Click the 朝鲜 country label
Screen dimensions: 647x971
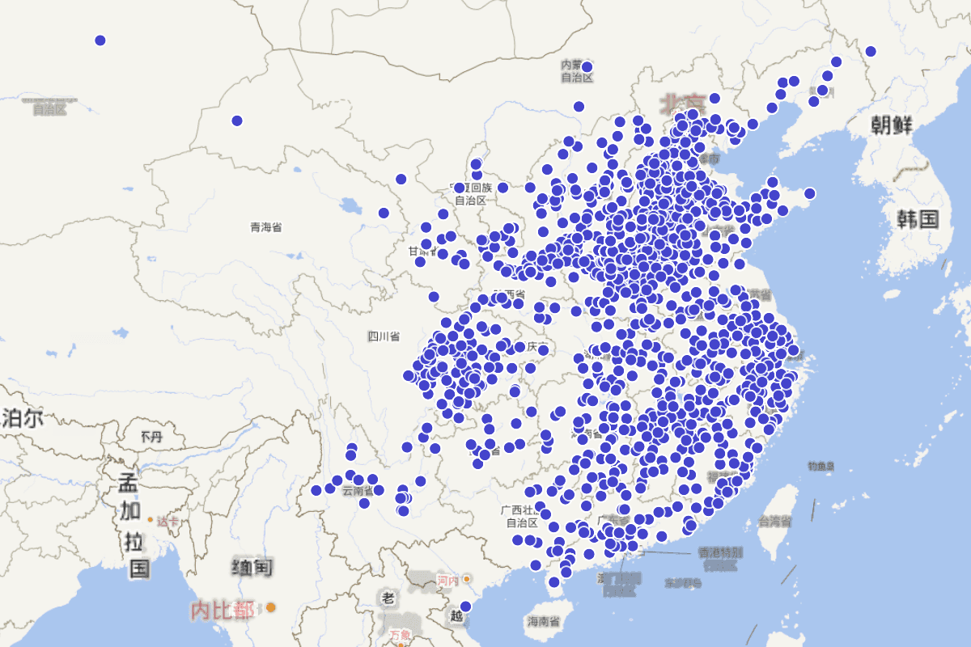tap(892, 125)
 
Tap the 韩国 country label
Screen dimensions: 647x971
tap(917, 218)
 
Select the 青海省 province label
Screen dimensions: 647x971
tap(266, 228)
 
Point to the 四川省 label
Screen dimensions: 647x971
tap(384, 336)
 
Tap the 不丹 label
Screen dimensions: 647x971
tap(151, 437)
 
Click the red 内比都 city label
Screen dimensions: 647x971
tap(222, 609)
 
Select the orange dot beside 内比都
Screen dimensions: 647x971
tap(271, 607)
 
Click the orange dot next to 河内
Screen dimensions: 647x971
tap(467, 580)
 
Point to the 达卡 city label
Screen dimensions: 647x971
tap(167, 522)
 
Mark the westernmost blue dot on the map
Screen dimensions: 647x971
tap(100, 40)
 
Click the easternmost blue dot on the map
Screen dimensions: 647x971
tap(871, 52)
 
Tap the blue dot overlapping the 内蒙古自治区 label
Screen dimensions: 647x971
tap(587, 67)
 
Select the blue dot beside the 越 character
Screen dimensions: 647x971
tap(465, 607)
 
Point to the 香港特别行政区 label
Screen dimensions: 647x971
tap(719, 558)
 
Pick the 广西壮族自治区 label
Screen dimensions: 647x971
tap(522, 516)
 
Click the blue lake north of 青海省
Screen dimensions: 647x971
tap(353, 206)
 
